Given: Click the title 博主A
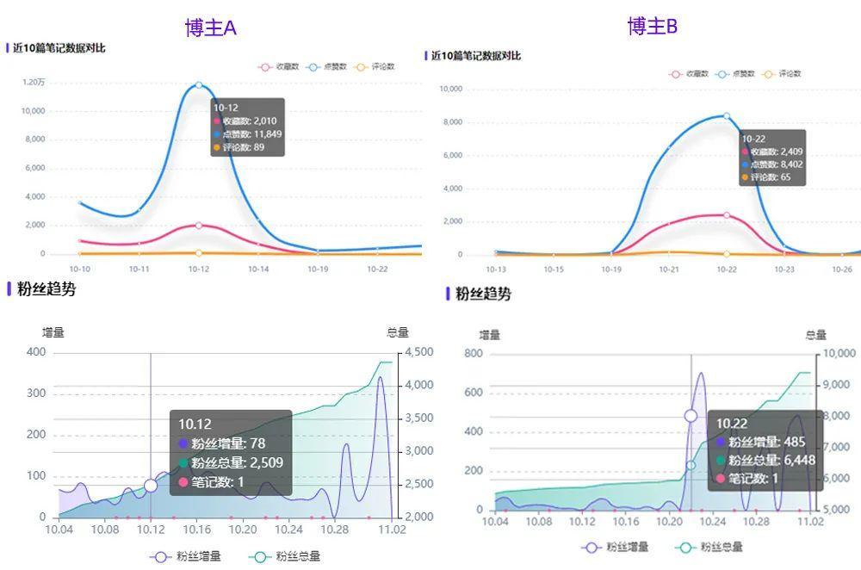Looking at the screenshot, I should click(210, 28).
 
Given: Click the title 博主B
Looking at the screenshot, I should click(653, 27).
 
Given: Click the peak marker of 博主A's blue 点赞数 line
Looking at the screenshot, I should click(199, 85).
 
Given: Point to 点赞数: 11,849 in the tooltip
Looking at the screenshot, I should click(251, 134).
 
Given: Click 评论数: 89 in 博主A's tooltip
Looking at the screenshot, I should click(243, 147).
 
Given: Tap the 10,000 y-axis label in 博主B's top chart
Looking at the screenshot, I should click(451, 89).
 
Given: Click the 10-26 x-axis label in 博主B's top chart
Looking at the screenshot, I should click(841, 270).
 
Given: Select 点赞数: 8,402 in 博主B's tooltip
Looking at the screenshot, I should click(776, 164).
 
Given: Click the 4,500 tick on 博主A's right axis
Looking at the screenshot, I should click(418, 352).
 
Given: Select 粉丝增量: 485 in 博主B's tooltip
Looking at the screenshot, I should click(768, 443).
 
